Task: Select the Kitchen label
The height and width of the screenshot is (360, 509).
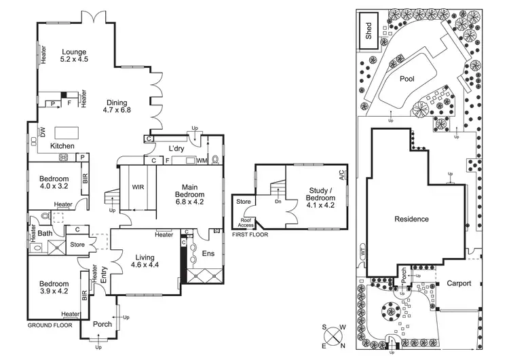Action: click(x=62, y=145)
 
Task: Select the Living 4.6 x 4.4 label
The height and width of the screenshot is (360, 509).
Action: click(x=145, y=262)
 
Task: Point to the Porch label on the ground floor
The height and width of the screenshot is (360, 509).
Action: click(x=102, y=323)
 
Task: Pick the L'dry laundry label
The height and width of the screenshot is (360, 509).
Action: click(x=177, y=148)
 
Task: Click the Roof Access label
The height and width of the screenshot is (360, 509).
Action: click(x=246, y=222)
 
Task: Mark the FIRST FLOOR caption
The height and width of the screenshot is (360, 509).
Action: click(x=250, y=235)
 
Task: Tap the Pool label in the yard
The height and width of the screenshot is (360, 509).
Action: click(x=407, y=79)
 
